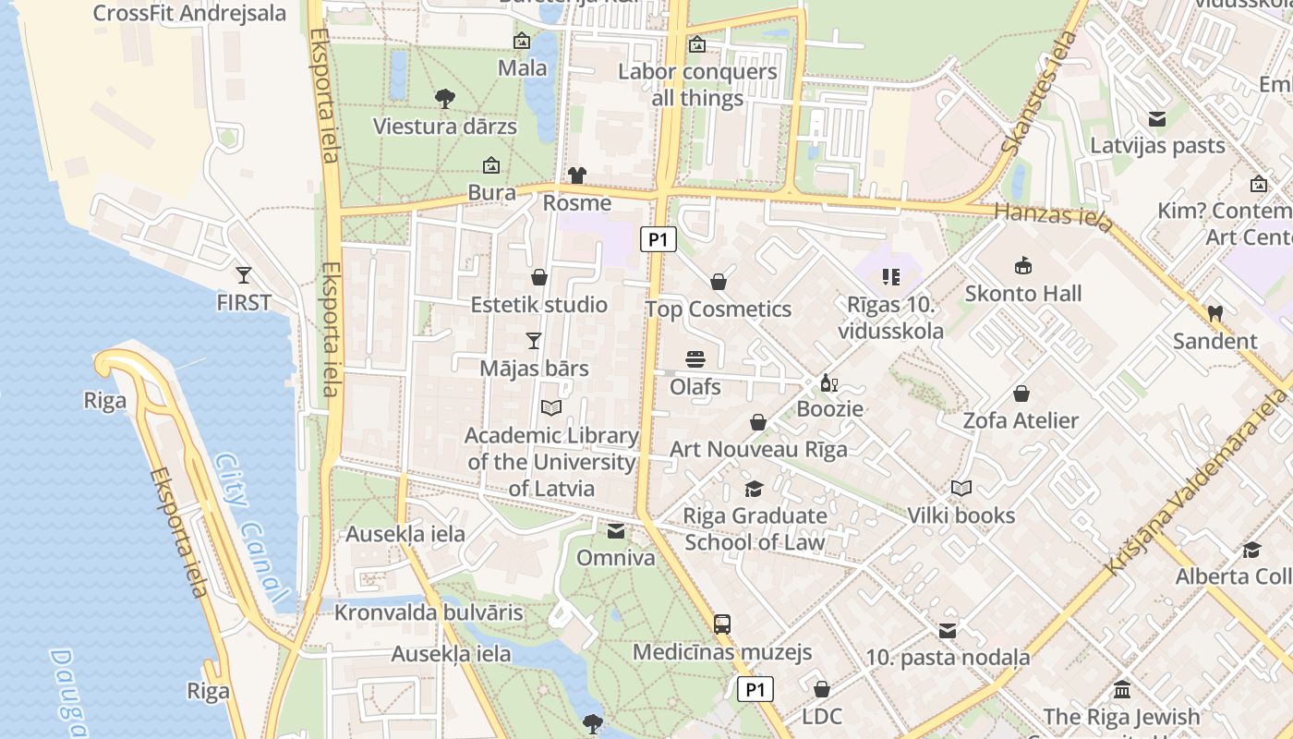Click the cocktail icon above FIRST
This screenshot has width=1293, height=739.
click(x=244, y=274)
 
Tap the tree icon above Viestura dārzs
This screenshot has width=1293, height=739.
click(x=444, y=98)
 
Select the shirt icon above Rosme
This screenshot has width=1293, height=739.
click(x=577, y=175)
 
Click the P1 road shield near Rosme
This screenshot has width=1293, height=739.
click(x=658, y=240)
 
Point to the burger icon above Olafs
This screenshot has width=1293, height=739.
click(x=695, y=358)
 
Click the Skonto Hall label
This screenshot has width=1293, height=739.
click(x=1022, y=294)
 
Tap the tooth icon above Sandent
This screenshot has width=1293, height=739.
click(x=1215, y=313)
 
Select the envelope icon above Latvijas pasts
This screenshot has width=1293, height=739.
click(x=1156, y=118)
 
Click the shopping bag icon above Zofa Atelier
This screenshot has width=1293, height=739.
click(x=1021, y=394)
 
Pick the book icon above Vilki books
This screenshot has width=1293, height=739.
click(x=961, y=488)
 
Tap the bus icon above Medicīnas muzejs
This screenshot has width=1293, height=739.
click(x=722, y=624)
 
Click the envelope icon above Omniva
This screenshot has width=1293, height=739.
click(x=616, y=530)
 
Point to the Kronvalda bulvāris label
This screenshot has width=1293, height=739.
click(x=429, y=612)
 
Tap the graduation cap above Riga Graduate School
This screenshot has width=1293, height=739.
click(x=755, y=489)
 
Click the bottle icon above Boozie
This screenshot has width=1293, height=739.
click(x=829, y=383)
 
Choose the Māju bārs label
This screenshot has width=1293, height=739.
click(x=534, y=369)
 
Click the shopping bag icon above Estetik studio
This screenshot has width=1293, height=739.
click(x=539, y=277)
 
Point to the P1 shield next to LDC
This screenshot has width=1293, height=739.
click(x=755, y=689)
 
